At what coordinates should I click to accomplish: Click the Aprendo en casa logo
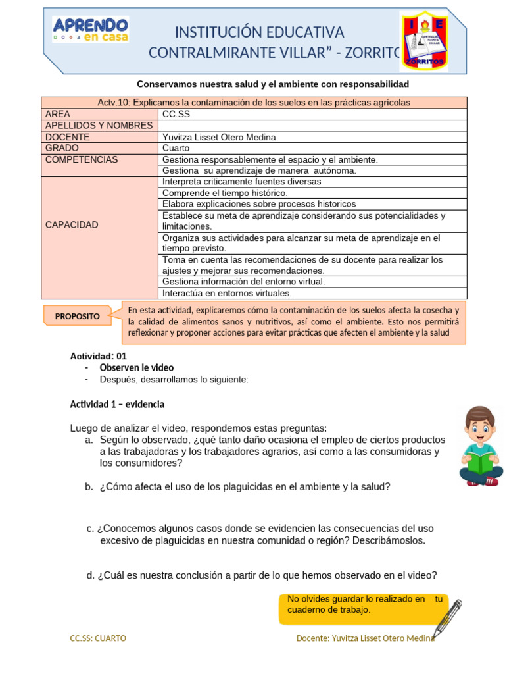tap(91, 30)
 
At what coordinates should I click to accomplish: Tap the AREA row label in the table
tap(58, 114)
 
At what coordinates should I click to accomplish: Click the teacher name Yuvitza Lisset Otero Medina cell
tap(219, 137)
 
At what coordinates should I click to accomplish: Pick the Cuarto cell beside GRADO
tap(176, 148)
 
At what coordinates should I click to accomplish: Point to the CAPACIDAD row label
tap(72, 225)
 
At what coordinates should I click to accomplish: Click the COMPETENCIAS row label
tap(82, 159)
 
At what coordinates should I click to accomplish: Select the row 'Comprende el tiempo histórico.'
tap(225, 193)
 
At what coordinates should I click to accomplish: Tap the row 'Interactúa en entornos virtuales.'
tap(227, 293)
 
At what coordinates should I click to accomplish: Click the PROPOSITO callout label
tap(78, 316)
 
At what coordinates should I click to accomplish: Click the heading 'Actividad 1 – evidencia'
tap(117, 403)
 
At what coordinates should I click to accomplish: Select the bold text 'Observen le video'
tap(137, 367)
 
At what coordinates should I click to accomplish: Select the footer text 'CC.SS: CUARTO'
tap(98, 638)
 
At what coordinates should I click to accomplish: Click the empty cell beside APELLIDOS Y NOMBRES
tap(313, 125)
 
